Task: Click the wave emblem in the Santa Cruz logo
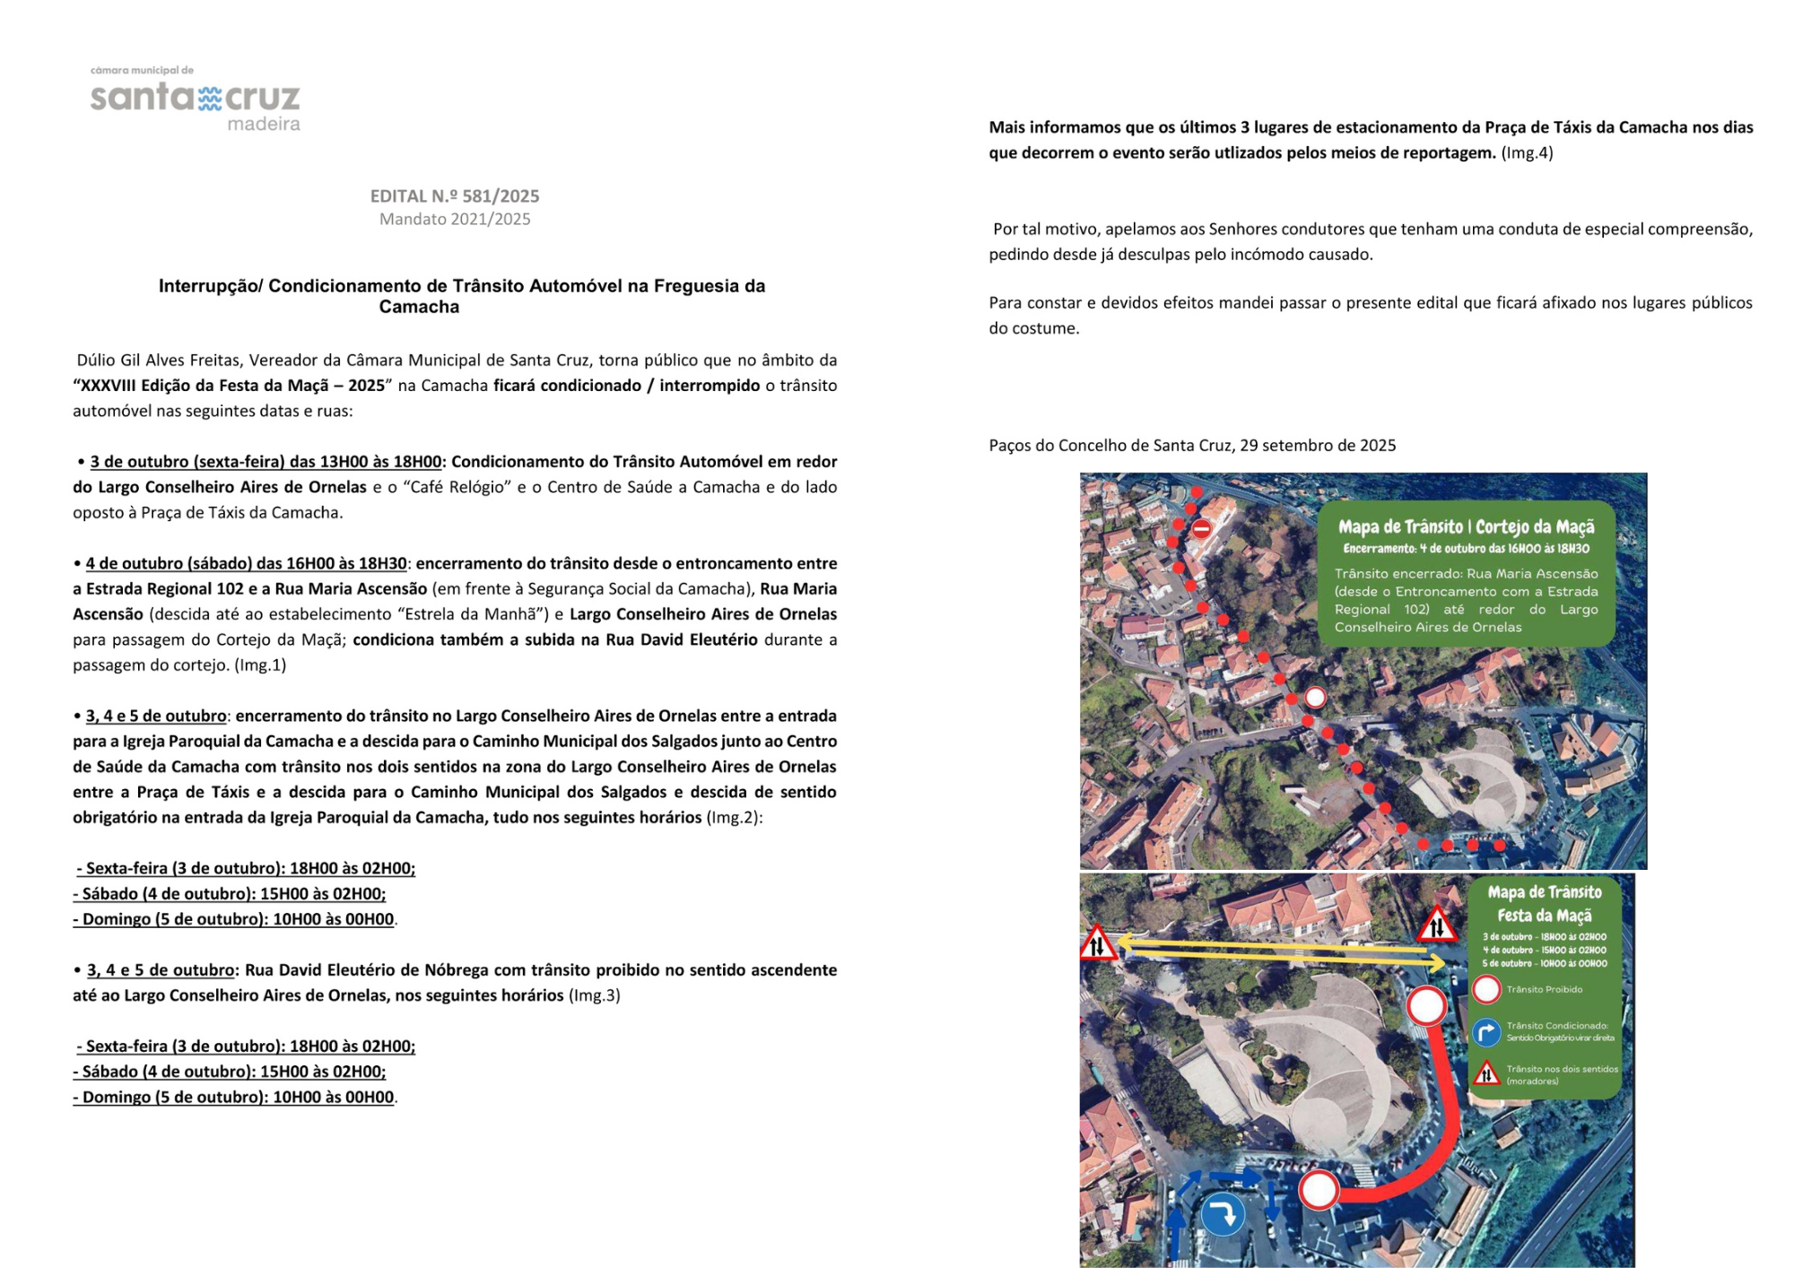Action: pyautogui.click(x=210, y=98)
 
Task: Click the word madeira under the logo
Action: pyautogui.click(x=264, y=124)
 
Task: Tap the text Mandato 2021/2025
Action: pyautogui.click(x=455, y=219)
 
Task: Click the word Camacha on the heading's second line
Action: pyautogui.click(x=419, y=307)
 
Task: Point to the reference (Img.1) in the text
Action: pyautogui.click(x=260, y=664)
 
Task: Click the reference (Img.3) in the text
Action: pyautogui.click(x=595, y=995)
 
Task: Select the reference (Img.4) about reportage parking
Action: pyautogui.click(x=1528, y=152)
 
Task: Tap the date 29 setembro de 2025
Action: pyautogui.click(x=1318, y=446)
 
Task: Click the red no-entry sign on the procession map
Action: pyautogui.click(x=1201, y=529)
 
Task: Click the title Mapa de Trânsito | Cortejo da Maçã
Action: pyautogui.click(x=1466, y=526)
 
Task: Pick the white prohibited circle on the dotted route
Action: pyautogui.click(x=1315, y=697)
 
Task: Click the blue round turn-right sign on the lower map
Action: pyautogui.click(x=1223, y=1214)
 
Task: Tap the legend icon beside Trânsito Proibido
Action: pyautogui.click(x=1486, y=989)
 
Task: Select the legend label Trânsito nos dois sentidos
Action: pyautogui.click(x=1562, y=1069)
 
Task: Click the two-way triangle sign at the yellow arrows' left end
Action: pyautogui.click(x=1097, y=943)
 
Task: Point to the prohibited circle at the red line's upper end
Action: pyautogui.click(x=1426, y=1005)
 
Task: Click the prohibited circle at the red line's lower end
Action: pyautogui.click(x=1319, y=1190)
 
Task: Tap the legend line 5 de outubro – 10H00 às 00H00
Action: pyautogui.click(x=1545, y=964)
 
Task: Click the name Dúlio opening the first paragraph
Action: pyautogui.click(x=95, y=360)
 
